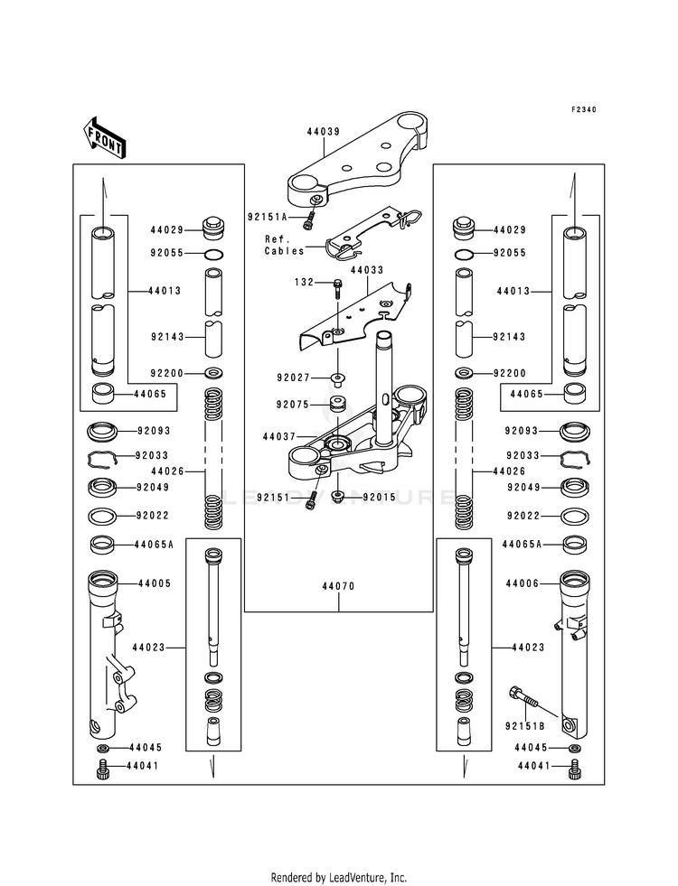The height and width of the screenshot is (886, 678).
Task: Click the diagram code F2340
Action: pyautogui.click(x=582, y=109)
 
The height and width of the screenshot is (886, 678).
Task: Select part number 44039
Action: pyautogui.click(x=324, y=132)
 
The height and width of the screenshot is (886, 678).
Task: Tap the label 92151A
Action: pyautogui.click(x=267, y=217)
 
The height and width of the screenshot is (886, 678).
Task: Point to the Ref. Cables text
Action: pyautogui.click(x=285, y=246)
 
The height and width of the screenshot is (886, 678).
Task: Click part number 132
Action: pyautogui.click(x=305, y=282)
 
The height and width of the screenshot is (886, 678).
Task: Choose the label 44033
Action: pyautogui.click(x=367, y=271)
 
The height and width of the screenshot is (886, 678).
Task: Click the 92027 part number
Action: pyautogui.click(x=293, y=378)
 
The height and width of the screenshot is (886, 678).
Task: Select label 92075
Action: pyautogui.click(x=293, y=405)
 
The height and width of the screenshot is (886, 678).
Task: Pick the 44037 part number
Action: pyautogui.click(x=279, y=437)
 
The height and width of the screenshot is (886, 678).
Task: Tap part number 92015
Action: pyautogui.click(x=380, y=498)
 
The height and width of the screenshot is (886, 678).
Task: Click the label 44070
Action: pyautogui.click(x=339, y=586)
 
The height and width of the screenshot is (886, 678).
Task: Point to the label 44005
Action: pyautogui.click(x=155, y=583)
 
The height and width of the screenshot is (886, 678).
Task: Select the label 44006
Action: pyautogui.click(x=523, y=583)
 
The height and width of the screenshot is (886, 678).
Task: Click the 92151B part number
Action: pyautogui.click(x=524, y=727)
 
